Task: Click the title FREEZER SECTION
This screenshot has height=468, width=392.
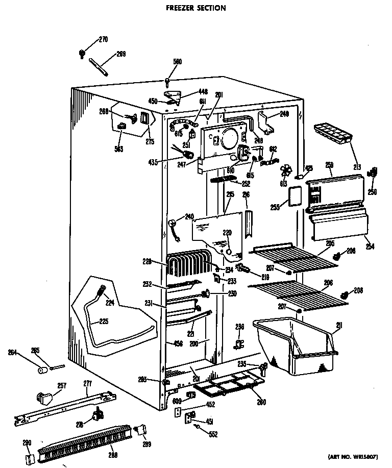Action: [x=196, y=8]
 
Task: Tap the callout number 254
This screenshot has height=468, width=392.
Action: [x=370, y=247]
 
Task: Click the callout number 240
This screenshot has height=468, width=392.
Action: [x=189, y=215]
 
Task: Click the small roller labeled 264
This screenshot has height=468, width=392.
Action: [x=42, y=368]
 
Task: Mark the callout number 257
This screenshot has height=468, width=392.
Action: [x=61, y=386]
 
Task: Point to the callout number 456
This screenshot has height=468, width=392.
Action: [x=178, y=343]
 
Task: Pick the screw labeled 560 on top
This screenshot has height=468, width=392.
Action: [x=168, y=80]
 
